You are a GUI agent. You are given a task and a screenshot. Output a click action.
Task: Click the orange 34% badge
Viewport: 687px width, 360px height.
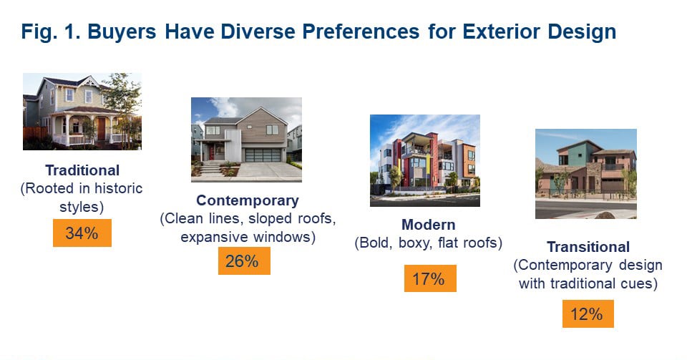[82, 233]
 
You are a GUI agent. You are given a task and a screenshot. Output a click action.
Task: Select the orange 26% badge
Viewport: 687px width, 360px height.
[244, 261]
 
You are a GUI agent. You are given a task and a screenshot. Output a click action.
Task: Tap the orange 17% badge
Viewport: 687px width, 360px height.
[429, 279]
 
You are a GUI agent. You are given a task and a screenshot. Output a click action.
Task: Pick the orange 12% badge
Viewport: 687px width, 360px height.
[588, 313]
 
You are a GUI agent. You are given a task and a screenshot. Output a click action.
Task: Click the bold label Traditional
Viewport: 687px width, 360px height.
[82, 171]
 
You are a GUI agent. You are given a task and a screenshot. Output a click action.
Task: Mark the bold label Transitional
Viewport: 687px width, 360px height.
[588, 247]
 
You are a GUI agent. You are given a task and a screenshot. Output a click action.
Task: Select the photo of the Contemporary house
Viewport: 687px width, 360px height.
[246, 140]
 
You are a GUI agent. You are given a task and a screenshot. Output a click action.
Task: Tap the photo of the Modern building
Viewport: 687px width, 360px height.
[424, 155]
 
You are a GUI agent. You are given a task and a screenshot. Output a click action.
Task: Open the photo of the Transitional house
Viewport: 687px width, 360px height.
[585, 173]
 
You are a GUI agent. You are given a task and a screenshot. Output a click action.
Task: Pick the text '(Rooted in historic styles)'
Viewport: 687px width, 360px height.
[82, 197]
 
